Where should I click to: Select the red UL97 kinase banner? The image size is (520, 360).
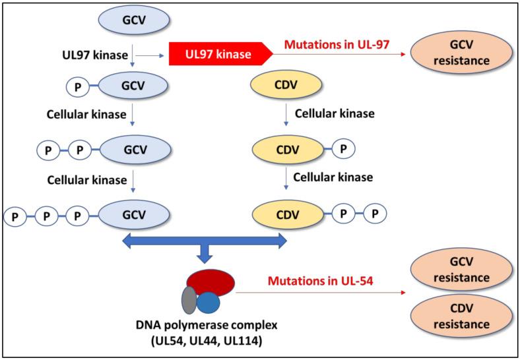point(217,54)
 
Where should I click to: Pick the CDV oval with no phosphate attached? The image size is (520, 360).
point(287,86)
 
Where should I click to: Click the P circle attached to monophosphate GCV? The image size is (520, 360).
point(77,85)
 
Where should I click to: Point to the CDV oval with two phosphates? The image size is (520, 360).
point(287,214)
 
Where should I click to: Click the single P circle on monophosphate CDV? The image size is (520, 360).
point(343,149)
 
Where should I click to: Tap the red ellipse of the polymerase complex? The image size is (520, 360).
point(210,282)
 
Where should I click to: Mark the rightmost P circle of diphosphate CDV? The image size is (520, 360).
point(374,214)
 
